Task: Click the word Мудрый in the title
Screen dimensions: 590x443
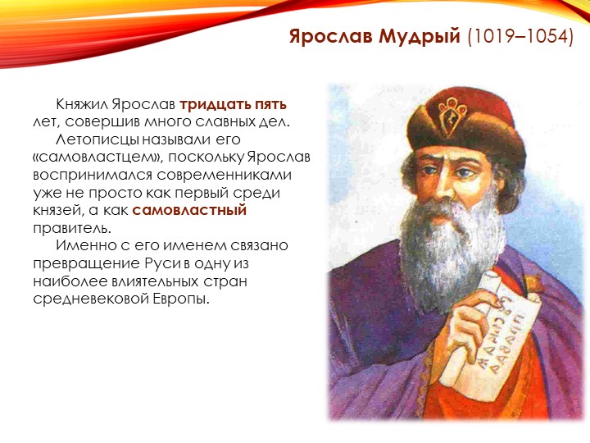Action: click(420, 37)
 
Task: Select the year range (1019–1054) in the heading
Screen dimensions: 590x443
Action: click(520, 36)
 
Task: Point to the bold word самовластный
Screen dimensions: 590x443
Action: click(189, 210)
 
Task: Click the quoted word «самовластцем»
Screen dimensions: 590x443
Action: click(98, 158)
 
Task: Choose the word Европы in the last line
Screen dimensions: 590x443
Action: click(180, 299)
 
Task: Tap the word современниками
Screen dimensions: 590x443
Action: click(225, 176)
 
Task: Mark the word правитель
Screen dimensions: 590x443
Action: click(72, 228)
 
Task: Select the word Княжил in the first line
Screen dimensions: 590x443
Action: click(82, 104)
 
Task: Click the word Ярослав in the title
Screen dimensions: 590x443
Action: click(331, 37)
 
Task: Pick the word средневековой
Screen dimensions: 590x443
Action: click(91, 299)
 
